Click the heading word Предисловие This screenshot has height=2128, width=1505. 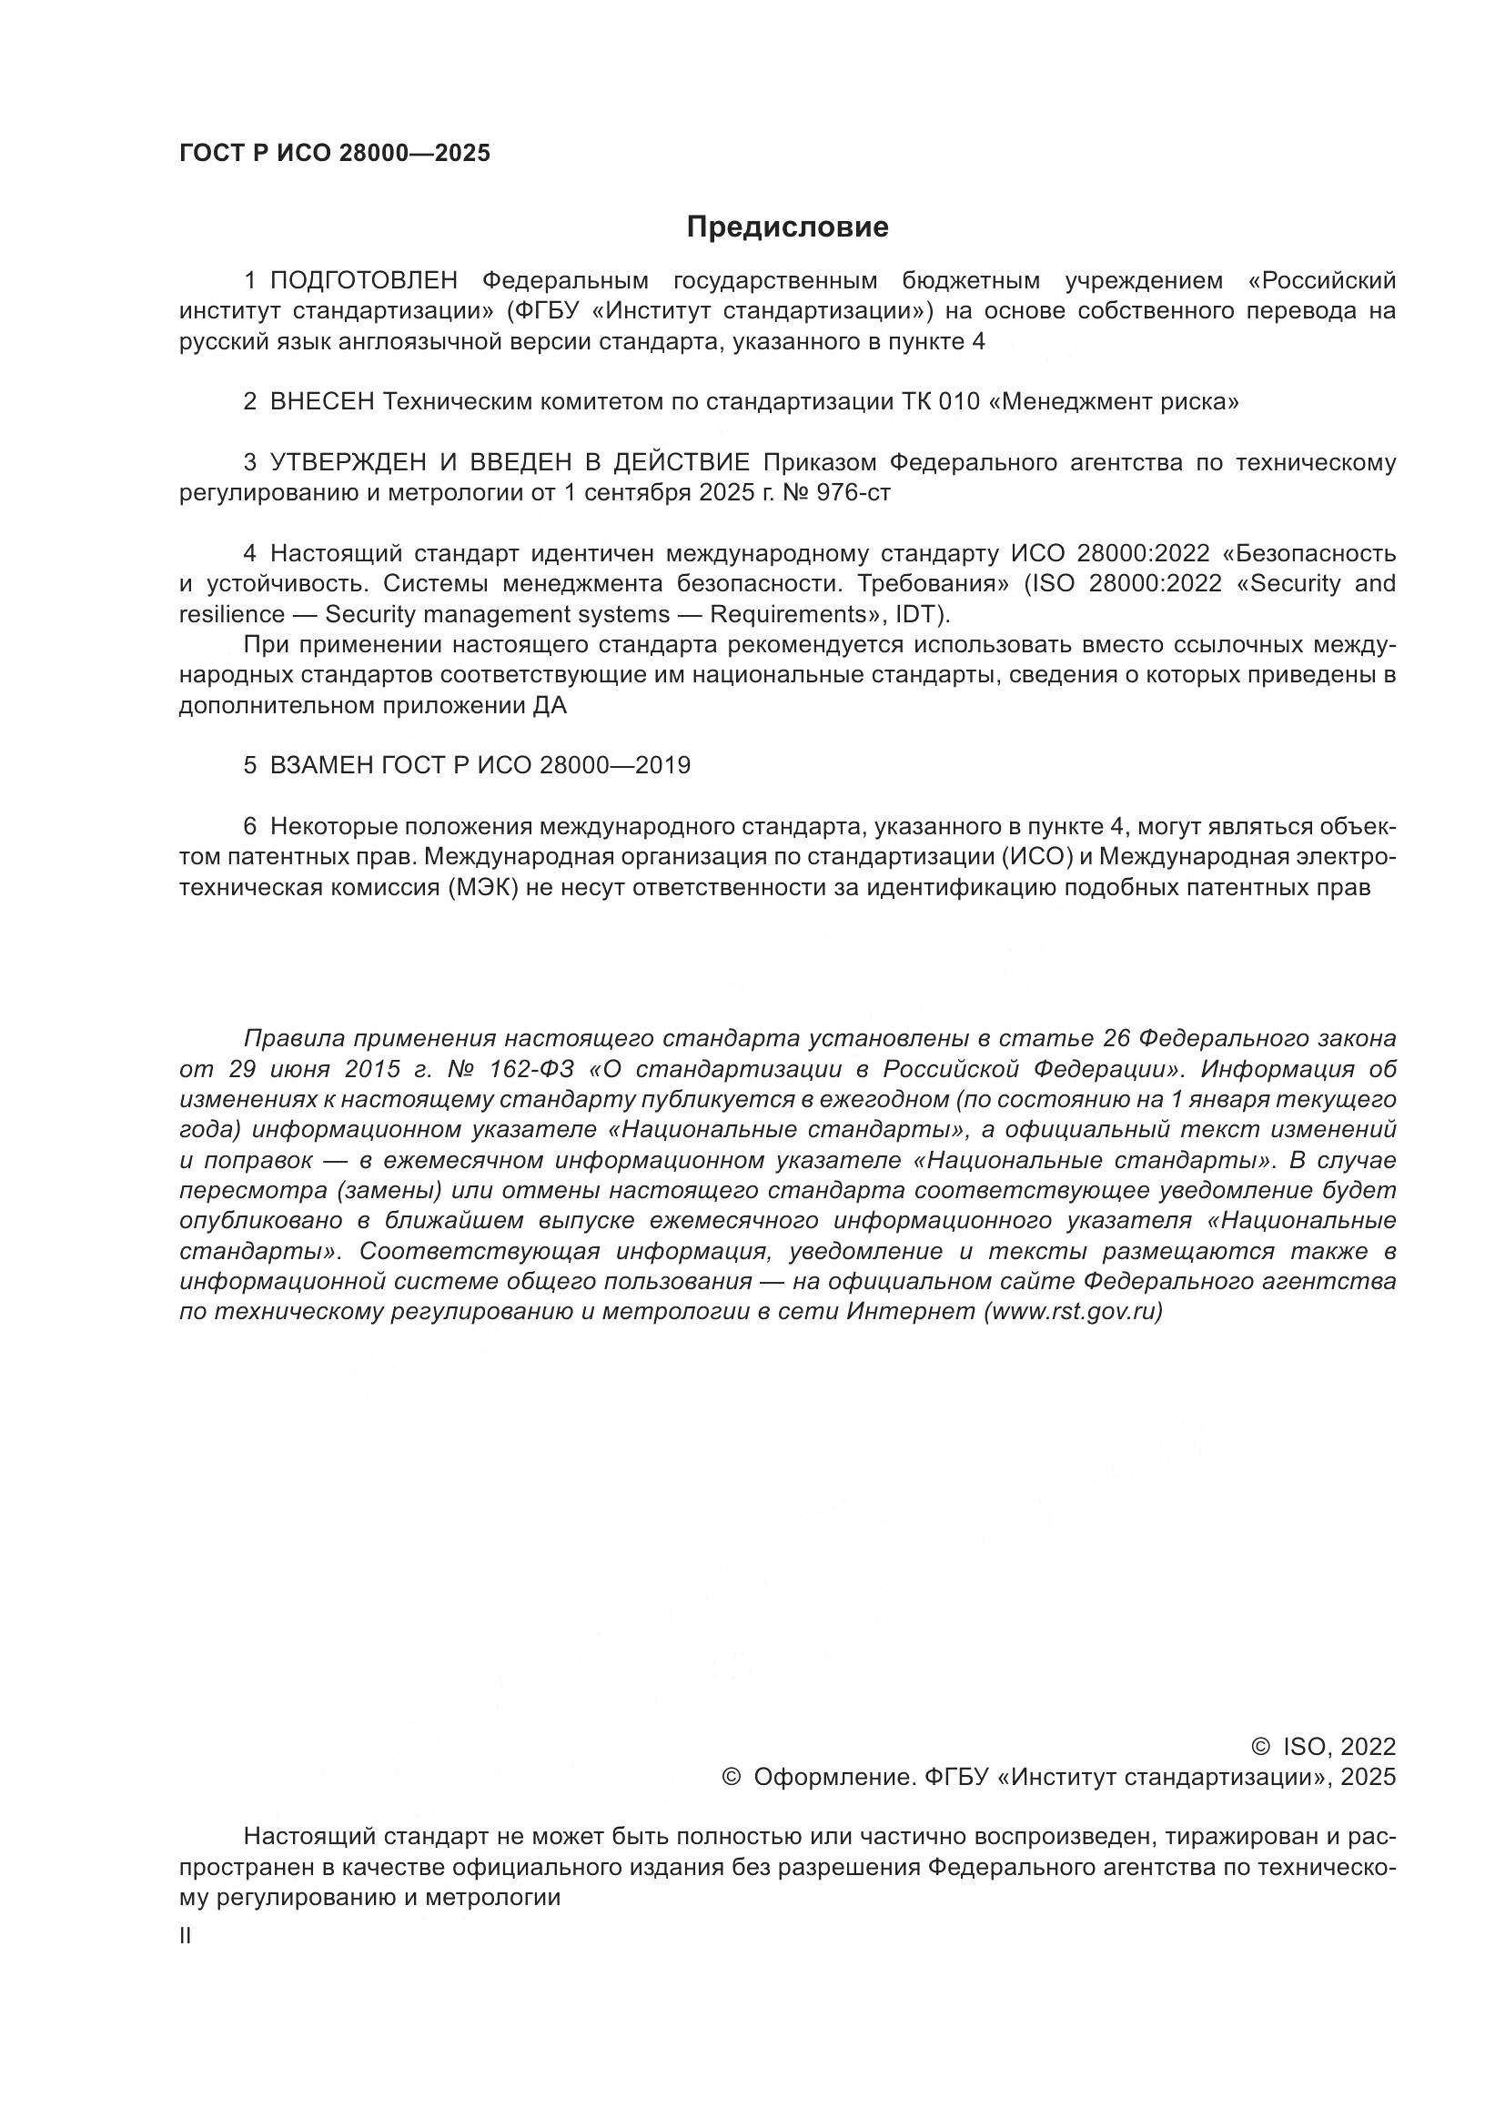click(x=787, y=227)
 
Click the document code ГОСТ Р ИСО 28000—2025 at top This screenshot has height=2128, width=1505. click(x=335, y=154)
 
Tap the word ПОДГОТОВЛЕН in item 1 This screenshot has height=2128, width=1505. click(x=364, y=281)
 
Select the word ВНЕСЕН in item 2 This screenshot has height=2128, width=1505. click(x=321, y=402)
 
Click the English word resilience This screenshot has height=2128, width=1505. click(x=232, y=614)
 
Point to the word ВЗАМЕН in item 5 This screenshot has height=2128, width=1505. click(x=320, y=765)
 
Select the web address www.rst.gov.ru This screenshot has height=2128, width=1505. click(x=1072, y=1313)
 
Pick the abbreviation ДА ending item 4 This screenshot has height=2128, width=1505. click(x=549, y=706)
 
